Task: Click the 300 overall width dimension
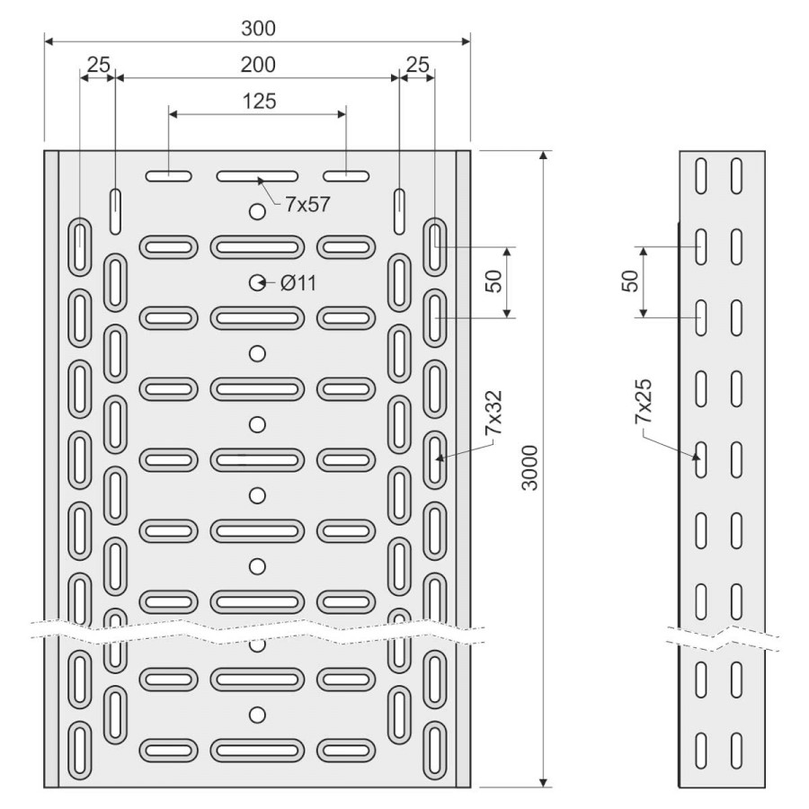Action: point(258,29)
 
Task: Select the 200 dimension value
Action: point(258,65)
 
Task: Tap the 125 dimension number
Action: point(258,101)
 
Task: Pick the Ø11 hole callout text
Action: point(298,283)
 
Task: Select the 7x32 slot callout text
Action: point(493,413)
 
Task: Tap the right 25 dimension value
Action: point(416,65)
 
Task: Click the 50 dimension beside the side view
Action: point(630,280)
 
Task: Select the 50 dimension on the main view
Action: point(493,280)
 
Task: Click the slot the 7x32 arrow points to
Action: point(436,454)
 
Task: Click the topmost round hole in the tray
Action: point(258,212)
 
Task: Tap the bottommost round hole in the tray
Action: point(258,715)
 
